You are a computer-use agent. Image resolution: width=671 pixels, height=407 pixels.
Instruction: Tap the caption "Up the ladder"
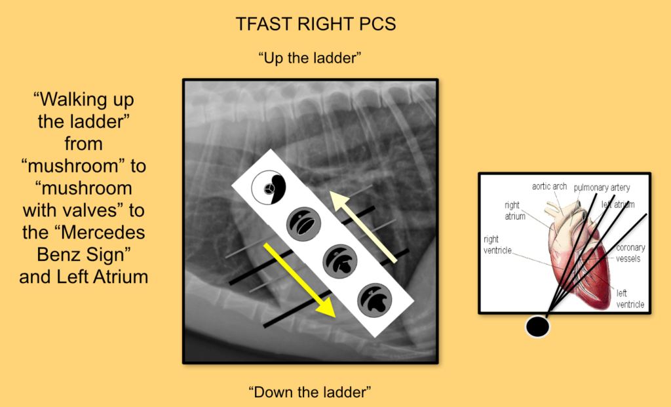pyautogui.click(x=310, y=58)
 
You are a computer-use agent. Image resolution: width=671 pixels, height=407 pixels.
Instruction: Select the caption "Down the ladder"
pyautogui.click(x=310, y=393)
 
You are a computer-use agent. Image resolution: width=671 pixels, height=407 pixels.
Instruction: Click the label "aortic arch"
pyautogui.click(x=549, y=187)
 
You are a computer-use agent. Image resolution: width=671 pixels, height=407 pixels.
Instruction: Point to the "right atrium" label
pyautogui.click(x=514, y=210)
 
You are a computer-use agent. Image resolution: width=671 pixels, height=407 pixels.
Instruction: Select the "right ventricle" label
pyautogui.click(x=500, y=245)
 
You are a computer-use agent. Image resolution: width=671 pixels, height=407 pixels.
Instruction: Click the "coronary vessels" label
pyautogui.click(x=630, y=253)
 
